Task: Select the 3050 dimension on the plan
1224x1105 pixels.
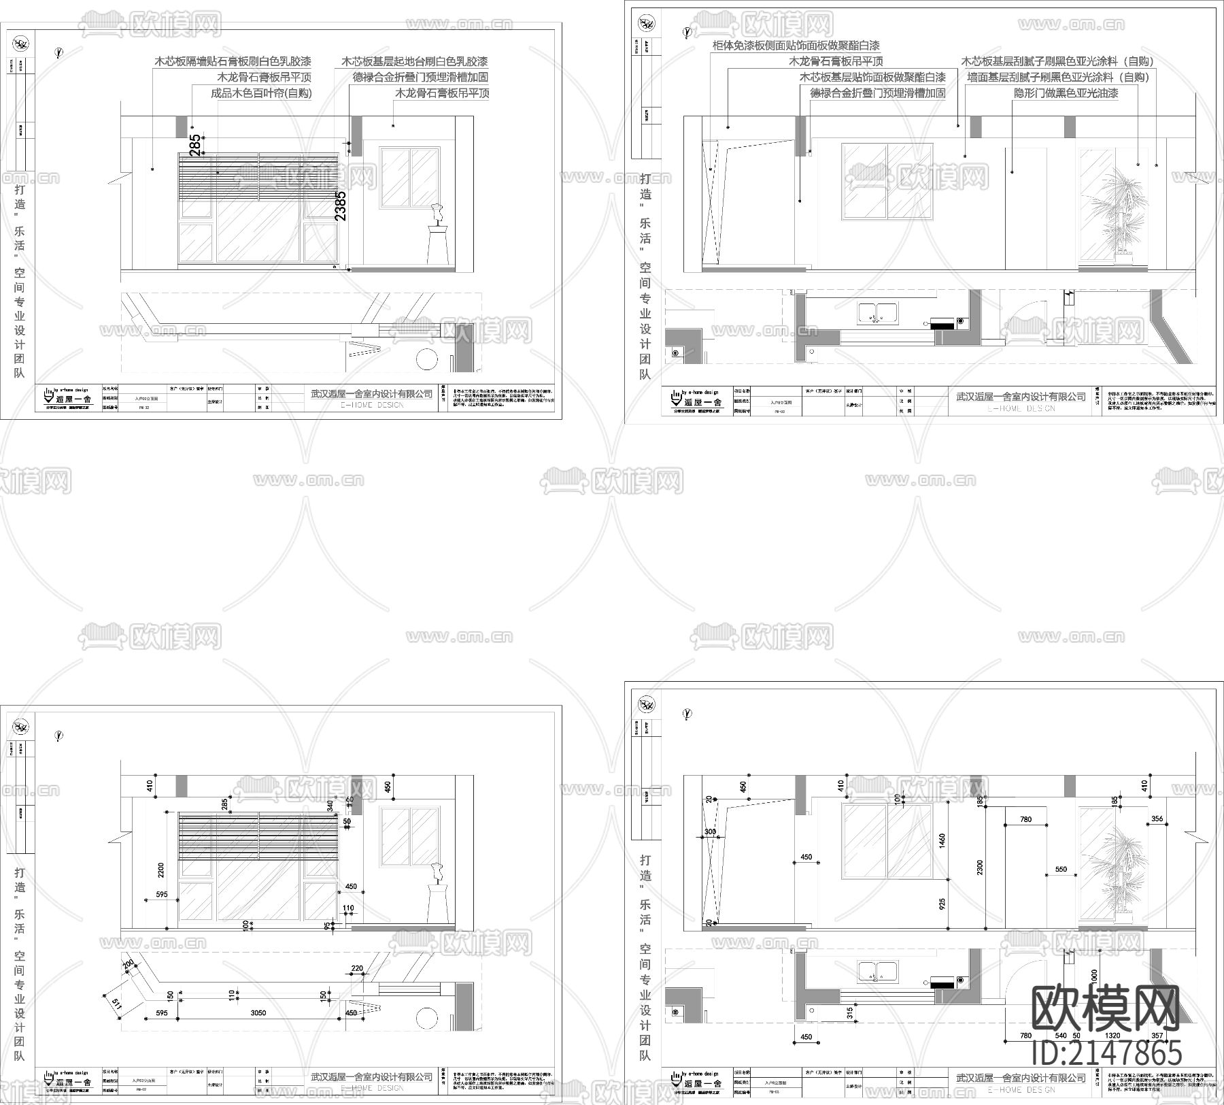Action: point(258,1013)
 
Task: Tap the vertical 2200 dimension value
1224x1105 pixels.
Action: point(161,870)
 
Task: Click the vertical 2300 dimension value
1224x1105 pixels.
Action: point(980,867)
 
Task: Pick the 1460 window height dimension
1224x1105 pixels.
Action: point(942,840)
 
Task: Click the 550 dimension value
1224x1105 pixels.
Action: point(1061,870)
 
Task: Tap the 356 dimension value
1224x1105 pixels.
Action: point(1157,819)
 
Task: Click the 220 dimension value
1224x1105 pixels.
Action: point(357,968)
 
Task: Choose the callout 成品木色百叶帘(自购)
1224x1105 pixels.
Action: point(261,93)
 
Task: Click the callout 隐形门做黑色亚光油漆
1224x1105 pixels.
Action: point(1066,93)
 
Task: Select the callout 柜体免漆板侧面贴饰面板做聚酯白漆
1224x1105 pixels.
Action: point(796,46)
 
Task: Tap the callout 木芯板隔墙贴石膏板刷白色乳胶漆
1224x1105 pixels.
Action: point(233,61)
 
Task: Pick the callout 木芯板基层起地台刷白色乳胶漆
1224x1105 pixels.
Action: point(415,61)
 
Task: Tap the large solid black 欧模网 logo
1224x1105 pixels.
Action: point(1106,1010)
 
